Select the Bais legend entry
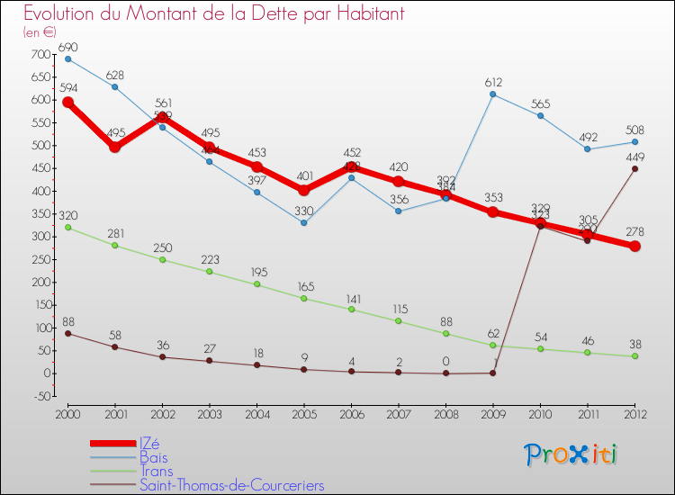tap(153, 457)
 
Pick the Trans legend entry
tap(156, 472)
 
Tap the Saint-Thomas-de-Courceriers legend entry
tap(231, 486)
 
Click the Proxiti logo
tap(571, 454)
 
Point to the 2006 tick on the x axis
tap(351, 413)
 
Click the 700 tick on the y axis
tap(41, 55)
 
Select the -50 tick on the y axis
tap(41, 396)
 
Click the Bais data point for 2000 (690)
tap(67, 59)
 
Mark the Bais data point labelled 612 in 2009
tap(493, 94)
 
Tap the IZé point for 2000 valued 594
tap(67, 103)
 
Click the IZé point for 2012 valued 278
tap(634, 247)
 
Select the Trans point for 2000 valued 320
tap(67, 228)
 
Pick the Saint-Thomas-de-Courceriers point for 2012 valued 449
tap(634, 168)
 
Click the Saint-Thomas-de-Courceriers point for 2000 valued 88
tap(67, 333)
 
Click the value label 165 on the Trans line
tap(304, 285)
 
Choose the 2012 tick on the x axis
tap(634, 413)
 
